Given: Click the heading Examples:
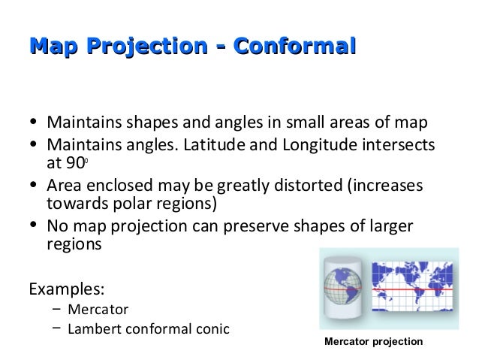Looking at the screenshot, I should click(66, 289).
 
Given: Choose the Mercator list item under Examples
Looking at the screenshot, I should click(98, 309).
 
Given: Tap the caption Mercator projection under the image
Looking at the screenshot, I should click(373, 342).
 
